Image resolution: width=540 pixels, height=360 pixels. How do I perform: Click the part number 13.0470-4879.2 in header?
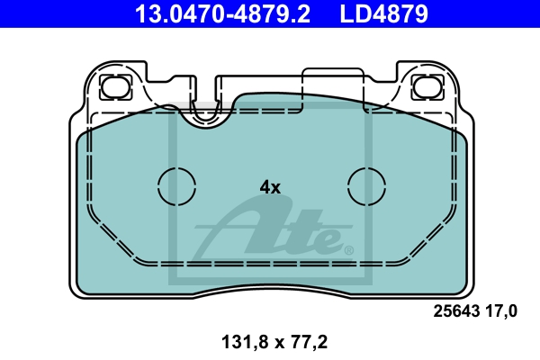(x=222, y=13)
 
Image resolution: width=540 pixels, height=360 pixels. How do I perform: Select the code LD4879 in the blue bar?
(x=384, y=13)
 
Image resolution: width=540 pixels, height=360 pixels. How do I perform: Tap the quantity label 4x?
(x=270, y=187)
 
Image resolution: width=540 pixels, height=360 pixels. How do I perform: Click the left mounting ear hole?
(x=115, y=86)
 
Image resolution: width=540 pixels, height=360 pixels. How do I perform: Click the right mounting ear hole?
(x=427, y=86)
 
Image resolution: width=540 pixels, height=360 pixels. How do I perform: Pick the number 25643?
(x=456, y=311)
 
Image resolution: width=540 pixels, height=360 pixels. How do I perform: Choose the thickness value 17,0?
(x=501, y=311)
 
